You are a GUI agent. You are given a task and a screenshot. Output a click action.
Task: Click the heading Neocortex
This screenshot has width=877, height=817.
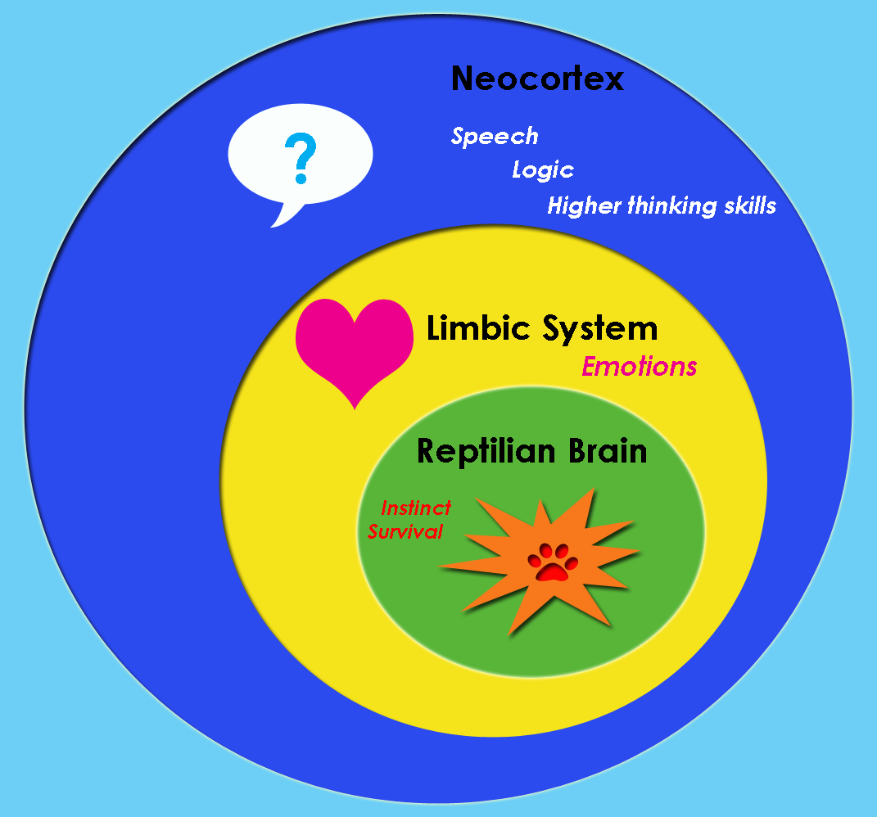pyautogui.click(x=537, y=79)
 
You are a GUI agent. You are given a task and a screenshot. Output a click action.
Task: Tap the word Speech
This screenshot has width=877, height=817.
pyautogui.click(x=495, y=136)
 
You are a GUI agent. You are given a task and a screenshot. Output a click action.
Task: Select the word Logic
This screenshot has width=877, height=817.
pyautogui.click(x=542, y=170)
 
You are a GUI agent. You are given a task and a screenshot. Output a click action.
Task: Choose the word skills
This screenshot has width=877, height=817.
pyautogui.click(x=749, y=205)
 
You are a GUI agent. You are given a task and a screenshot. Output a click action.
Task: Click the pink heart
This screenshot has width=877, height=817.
pyautogui.click(x=354, y=348)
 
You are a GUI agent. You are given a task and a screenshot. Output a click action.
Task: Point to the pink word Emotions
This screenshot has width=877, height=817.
pyautogui.click(x=639, y=367)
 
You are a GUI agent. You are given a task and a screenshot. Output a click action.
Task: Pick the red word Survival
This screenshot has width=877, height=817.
pyautogui.click(x=405, y=531)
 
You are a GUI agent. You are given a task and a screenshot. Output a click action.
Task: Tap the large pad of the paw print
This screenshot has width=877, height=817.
pyautogui.click(x=553, y=571)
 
